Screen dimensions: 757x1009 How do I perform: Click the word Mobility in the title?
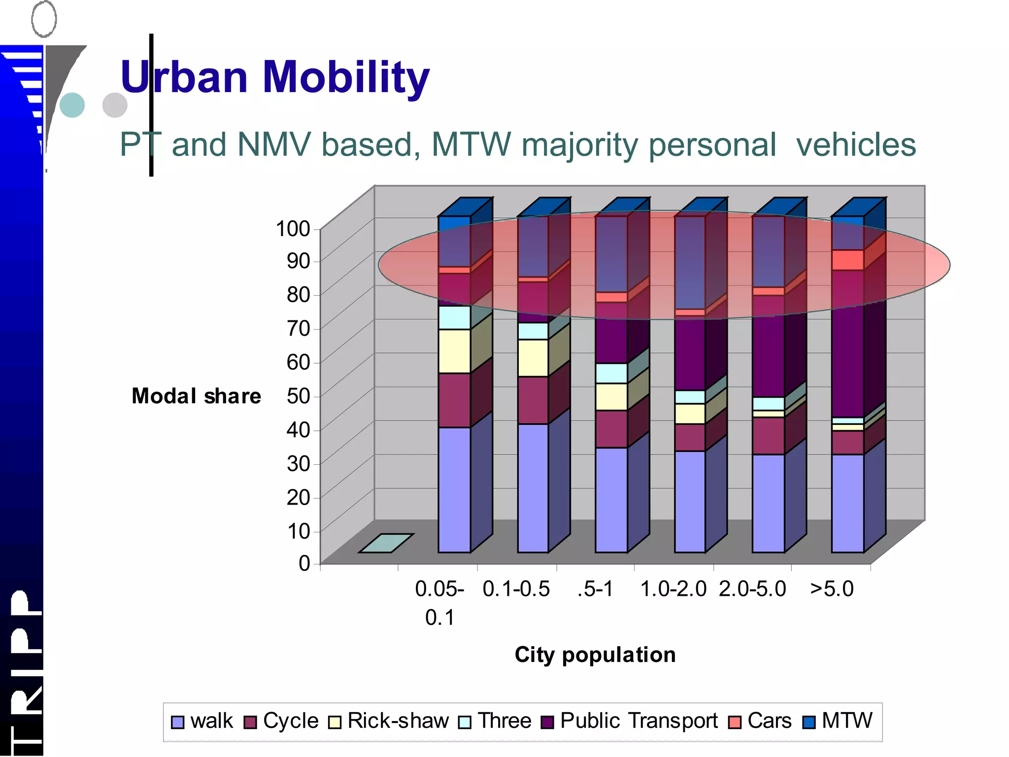346,77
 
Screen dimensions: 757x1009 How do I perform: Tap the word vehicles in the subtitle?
856,145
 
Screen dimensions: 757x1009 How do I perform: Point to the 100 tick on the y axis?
293,229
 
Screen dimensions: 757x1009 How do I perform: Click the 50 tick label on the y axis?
298,396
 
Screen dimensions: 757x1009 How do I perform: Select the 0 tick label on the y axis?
304,563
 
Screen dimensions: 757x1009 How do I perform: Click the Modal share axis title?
196,396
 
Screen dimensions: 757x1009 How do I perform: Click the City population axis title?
595,655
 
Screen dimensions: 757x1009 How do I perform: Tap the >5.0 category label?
832,589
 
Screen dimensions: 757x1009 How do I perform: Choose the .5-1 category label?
595,589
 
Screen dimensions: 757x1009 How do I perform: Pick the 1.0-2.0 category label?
673,589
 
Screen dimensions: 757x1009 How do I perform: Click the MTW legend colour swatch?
809,722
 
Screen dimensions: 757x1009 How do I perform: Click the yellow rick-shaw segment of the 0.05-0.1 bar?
454,351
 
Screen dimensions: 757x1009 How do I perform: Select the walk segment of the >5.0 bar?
847,503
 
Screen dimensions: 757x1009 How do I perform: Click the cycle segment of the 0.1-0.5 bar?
533,400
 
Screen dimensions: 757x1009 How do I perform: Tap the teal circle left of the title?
72,105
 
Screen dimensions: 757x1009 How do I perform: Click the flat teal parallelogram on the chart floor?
386,543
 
